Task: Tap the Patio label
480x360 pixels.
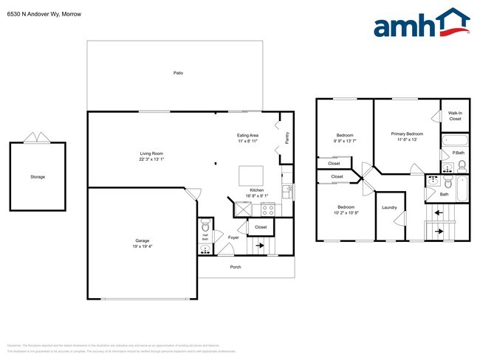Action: (178, 73)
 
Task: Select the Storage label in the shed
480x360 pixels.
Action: (38, 177)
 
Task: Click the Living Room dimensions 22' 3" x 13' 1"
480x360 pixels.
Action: (151, 159)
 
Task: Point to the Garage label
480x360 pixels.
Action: (142, 241)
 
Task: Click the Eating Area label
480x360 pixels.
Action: (247, 135)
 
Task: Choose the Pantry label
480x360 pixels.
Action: (287, 137)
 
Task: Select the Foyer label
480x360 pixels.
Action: (233, 238)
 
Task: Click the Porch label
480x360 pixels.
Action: (236, 266)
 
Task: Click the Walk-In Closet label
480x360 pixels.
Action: (455, 116)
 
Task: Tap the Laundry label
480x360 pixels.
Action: (389, 207)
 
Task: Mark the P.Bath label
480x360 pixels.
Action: (459, 153)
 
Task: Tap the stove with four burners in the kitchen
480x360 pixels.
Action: (267, 209)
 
